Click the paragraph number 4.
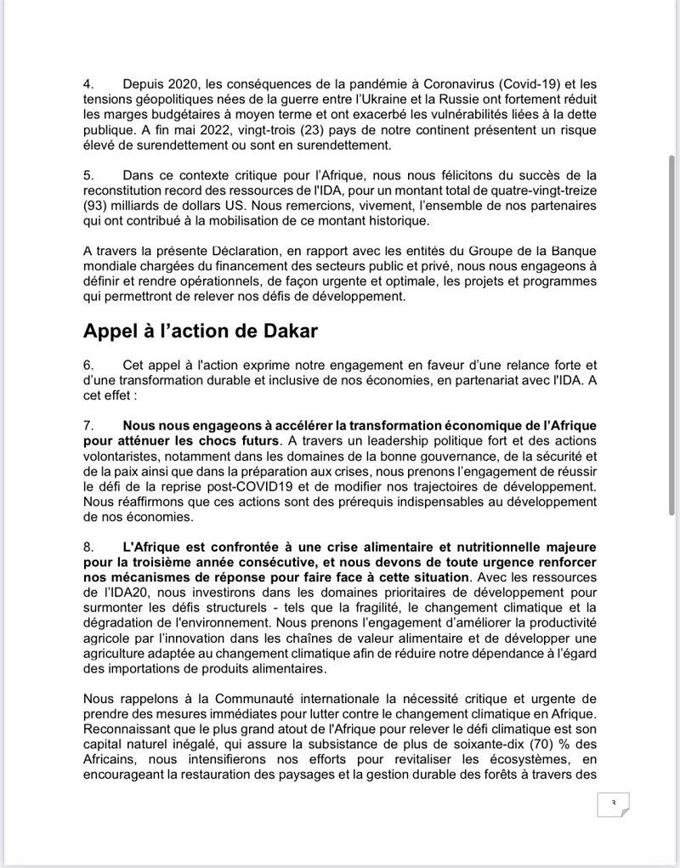click(x=87, y=84)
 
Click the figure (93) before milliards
click(x=98, y=207)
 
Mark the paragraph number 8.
click(x=87, y=547)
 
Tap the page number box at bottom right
click(x=612, y=804)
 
